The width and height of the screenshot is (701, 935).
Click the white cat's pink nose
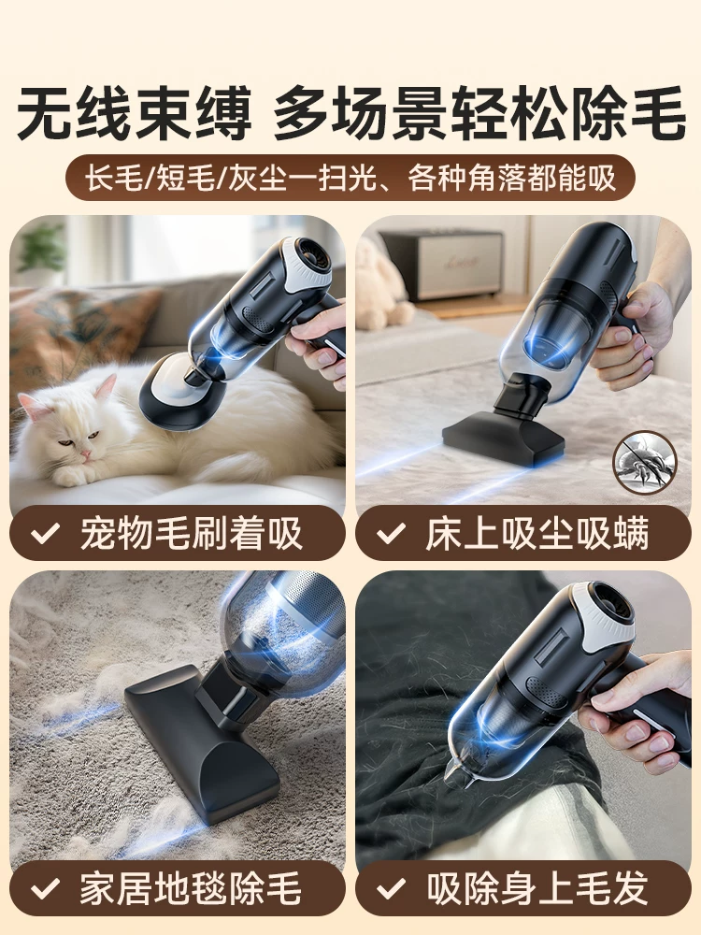tap(86, 453)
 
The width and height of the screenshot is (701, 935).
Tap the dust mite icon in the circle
tap(645, 462)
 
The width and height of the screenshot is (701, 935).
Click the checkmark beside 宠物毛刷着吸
tap(45, 533)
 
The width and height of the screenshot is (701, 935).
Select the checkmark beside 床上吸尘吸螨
tap(391, 533)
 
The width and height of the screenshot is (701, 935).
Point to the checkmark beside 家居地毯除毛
tap(45, 888)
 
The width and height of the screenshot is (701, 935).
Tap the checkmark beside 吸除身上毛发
tap(391, 888)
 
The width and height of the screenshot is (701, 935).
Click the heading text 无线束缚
tap(135, 113)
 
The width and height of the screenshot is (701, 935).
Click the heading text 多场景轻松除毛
tap(479, 113)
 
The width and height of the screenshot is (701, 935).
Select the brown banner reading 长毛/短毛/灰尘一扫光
tap(350, 177)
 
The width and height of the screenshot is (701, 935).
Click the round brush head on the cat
tap(182, 391)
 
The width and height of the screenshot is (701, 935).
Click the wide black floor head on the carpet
tap(203, 742)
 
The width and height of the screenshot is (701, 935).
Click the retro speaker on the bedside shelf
tap(442, 265)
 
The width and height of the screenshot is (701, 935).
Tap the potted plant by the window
tap(40, 252)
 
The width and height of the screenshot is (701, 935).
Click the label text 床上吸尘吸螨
tap(537, 533)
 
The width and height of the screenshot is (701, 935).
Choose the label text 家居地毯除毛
tap(191, 888)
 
